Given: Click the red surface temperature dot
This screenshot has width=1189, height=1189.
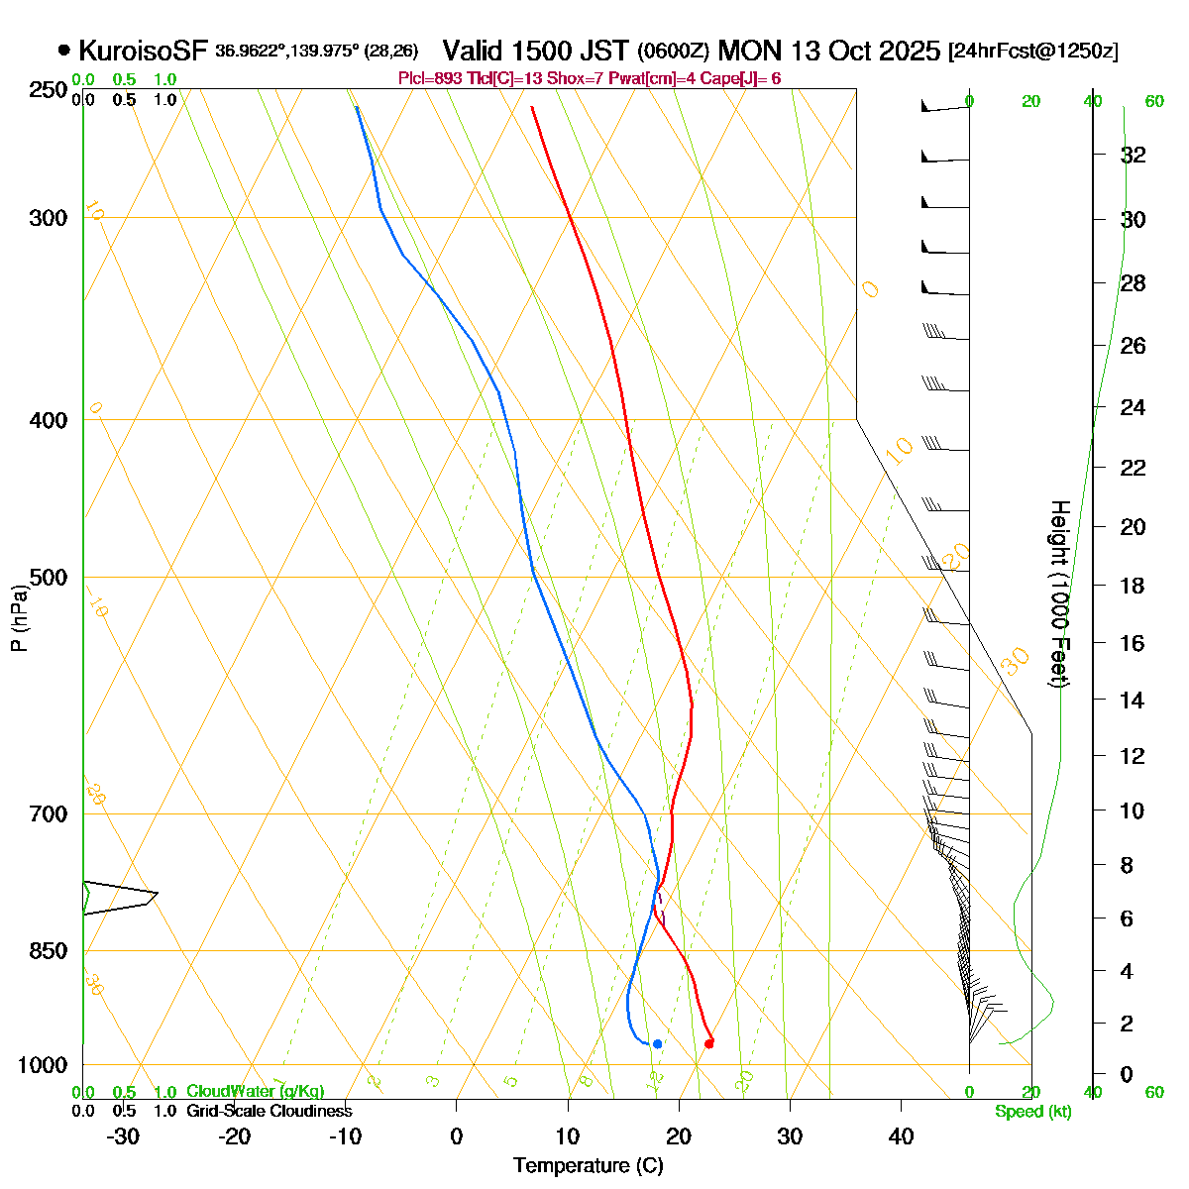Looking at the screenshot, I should click(708, 1042).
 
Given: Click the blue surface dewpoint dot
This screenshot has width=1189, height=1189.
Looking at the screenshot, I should click(657, 1043).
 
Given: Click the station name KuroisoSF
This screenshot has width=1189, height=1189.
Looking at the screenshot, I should click(143, 51).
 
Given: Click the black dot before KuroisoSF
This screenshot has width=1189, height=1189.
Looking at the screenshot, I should click(64, 50).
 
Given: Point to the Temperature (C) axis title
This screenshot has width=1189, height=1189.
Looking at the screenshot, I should click(588, 1165).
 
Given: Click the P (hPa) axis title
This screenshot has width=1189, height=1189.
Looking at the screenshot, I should click(19, 618).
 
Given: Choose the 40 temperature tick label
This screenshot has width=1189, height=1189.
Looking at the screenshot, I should click(901, 1136).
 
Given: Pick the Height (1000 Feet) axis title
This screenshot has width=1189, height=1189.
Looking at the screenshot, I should click(1059, 594).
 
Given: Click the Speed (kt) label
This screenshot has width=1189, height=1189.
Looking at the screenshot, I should click(1033, 1112).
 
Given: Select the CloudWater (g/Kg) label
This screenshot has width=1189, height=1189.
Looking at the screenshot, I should click(255, 1092).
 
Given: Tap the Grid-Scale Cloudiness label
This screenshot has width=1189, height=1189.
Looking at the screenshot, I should click(269, 1112).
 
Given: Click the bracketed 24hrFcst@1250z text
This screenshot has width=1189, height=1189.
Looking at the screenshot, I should click(1033, 52).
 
